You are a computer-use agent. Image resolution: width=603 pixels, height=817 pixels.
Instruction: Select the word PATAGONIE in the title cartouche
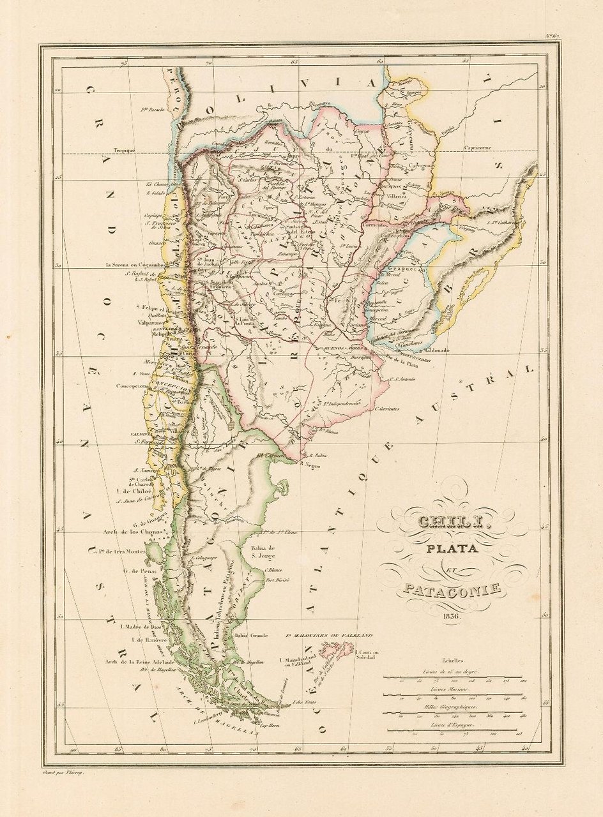tap(451, 588)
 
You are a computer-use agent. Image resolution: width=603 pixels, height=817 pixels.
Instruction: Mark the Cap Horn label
tap(253, 726)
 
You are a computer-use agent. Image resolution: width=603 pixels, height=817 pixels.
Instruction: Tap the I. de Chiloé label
tap(133, 491)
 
